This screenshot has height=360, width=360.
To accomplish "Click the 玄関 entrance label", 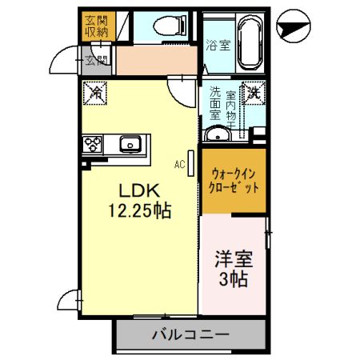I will click(96, 60).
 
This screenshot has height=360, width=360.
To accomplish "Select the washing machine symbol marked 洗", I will click(254, 93).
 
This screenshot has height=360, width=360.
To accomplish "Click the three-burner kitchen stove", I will click(92, 145).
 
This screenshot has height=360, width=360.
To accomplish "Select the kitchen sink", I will click(130, 145).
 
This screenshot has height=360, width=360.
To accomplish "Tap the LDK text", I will click(141, 191).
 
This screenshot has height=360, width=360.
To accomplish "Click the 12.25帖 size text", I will click(141, 211).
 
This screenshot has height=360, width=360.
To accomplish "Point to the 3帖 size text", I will click(232, 280).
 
